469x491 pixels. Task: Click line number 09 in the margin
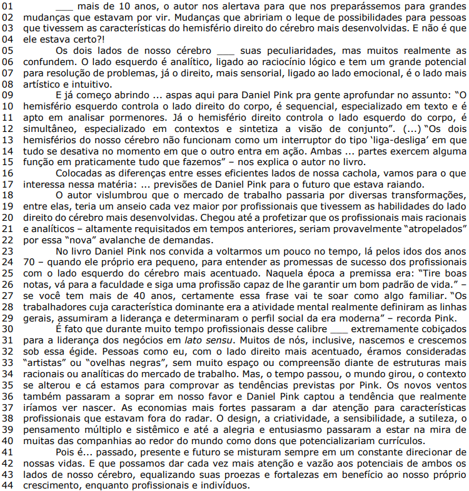[8, 94]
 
